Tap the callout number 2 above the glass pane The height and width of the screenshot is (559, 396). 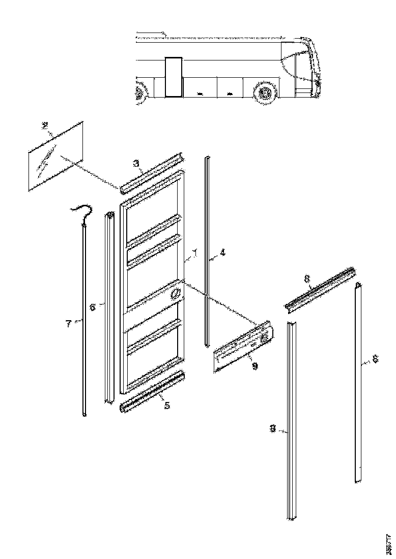pyautogui.click(x=45, y=126)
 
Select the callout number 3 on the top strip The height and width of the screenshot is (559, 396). pyautogui.click(x=136, y=163)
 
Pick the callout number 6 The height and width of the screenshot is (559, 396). pyautogui.click(x=93, y=307)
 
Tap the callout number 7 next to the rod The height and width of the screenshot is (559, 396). pyautogui.click(x=69, y=323)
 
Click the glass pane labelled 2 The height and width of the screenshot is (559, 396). pyautogui.click(x=56, y=155)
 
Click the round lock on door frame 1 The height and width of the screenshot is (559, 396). pyautogui.click(x=175, y=294)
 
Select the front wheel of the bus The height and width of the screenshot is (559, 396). pyautogui.click(x=264, y=93)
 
